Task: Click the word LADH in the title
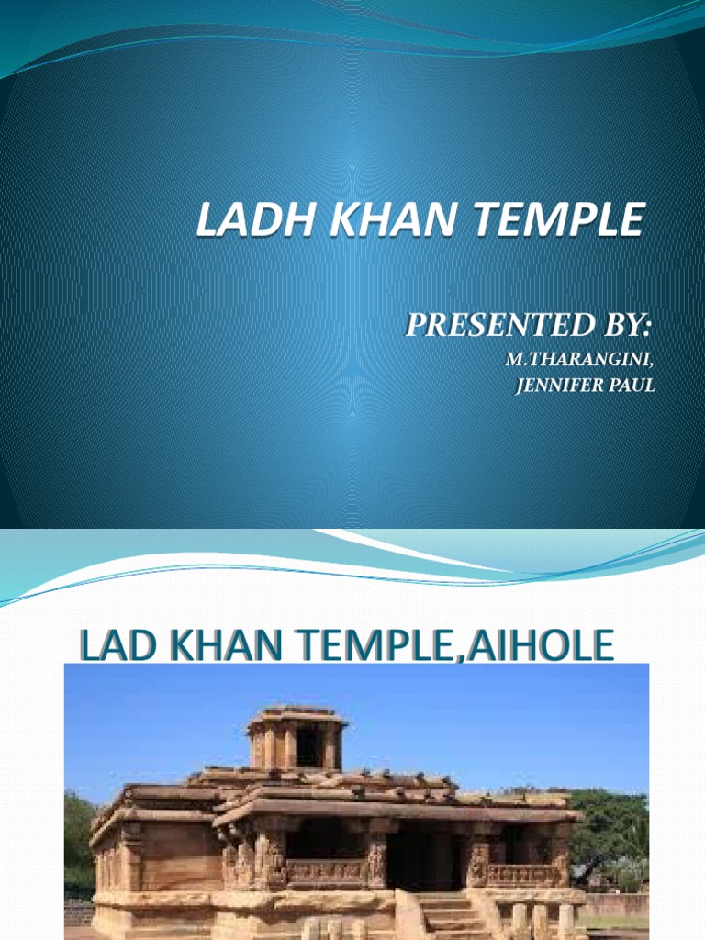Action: [x=241, y=222]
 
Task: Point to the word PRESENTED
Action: [x=498, y=325]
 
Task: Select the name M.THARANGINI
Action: [x=580, y=360]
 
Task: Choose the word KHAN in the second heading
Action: [x=217, y=646]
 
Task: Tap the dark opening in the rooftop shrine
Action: [x=307, y=747]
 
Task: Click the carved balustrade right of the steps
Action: [x=518, y=875]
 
